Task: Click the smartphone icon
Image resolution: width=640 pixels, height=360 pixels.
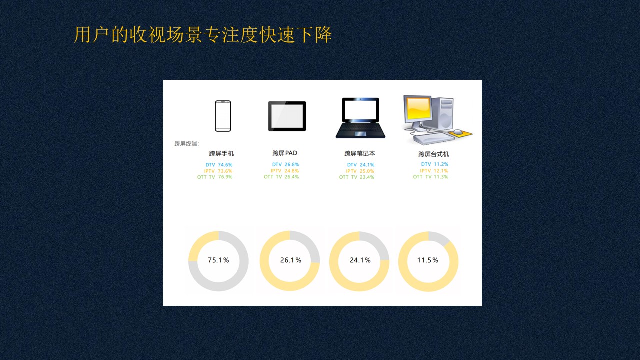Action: (223, 116)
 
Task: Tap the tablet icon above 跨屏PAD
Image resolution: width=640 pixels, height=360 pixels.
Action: (287, 116)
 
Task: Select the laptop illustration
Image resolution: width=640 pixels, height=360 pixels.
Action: (360, 118)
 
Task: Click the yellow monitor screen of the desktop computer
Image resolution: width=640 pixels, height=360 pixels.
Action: (418, 108)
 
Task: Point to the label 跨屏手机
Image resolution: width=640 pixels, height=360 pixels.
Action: (221, 153)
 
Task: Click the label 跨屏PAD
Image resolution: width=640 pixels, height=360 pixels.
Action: (285, 153)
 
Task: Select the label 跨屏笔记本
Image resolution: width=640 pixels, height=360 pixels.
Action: (360, 153)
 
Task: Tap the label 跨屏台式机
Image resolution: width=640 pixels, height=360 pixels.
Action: (434, 154)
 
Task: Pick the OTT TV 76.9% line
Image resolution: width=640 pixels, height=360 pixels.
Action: (215, 177)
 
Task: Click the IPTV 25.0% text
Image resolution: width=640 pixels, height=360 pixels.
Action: (360, 171)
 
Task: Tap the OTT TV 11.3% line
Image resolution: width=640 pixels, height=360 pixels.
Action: (431, 177)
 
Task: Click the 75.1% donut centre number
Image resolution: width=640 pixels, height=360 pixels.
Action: (218, 260)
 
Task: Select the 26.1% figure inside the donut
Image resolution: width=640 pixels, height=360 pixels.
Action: (291, 260)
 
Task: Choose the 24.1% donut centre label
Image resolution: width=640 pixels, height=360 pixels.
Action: (360, 260)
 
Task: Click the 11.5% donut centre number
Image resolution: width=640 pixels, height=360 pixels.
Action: (427, 260)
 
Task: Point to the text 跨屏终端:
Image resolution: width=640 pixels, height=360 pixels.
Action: (187, 143)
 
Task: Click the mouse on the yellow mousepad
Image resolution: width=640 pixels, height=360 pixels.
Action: (457, 132)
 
